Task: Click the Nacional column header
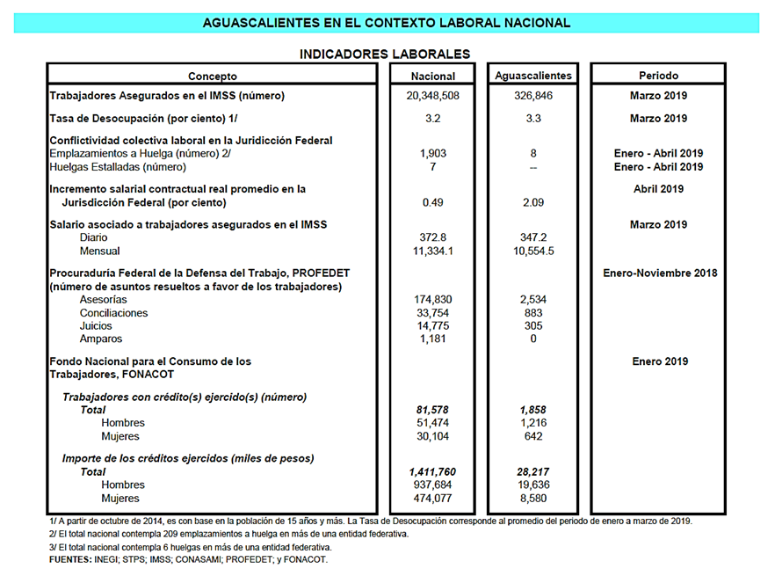click(x=433, y=76)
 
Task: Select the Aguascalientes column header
click(x=532, y=76)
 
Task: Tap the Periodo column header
click(x=658, y=76)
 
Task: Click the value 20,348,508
click(x=433, y=96)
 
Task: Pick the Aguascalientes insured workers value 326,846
click(x=532, y=96)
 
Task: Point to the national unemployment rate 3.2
click(x=433, y=118)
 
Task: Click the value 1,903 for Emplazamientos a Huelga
click(x=433, y=154)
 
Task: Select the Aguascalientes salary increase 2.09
click(x=532, y=202)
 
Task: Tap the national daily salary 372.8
click(x=433, y=238)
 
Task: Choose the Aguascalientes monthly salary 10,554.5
click(x=532, y=252)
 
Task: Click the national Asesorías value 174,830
click(x=433, y=300)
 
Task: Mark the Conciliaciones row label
click(x=113, y=313)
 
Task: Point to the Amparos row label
click(x=101, y=339)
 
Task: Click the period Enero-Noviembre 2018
click(x=659, y=273)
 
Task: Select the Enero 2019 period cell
click(x=659, y=361)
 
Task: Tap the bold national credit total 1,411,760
click(x=433, y=472)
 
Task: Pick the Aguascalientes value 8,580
click(x=532, y=498)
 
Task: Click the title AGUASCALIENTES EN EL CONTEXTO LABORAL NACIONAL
click(x=386, y=23)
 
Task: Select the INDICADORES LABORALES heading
click(x=385, y=54)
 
